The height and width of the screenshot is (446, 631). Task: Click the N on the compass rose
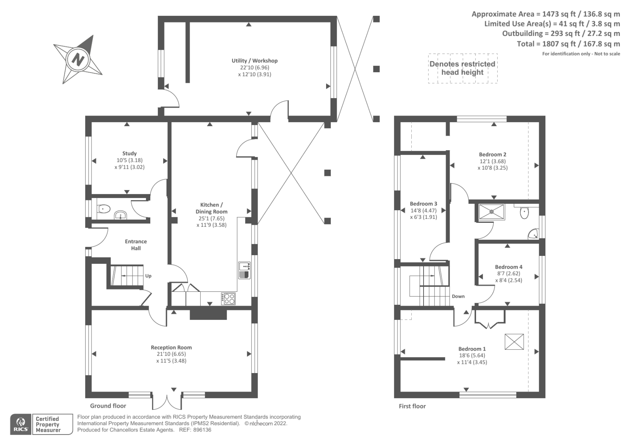(x=78, y=60)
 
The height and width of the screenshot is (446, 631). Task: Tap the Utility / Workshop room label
(x=254, y=61)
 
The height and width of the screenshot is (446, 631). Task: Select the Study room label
(x=129, y=153)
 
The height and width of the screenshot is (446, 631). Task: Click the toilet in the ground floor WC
(x=103, y=209)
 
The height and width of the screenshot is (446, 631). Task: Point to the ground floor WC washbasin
(x=120, y=215)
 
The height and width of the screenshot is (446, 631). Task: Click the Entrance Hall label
(x=136, y=245)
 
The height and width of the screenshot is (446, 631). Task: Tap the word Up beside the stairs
(x=148, y=276)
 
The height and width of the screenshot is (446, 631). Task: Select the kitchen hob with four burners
(x=228, y=299)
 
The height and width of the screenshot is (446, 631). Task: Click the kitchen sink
(x=244, y=271)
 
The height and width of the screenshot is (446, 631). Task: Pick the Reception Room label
(x=171, y=347)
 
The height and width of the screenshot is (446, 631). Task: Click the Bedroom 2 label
(x=493, y=155)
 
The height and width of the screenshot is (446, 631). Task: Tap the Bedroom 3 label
(x=424, y=203)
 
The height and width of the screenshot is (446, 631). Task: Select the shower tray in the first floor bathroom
(x=491, y=212)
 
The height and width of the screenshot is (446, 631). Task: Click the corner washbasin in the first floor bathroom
(x=534, y=234)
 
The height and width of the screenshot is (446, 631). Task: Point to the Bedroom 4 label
(x=508, y=267)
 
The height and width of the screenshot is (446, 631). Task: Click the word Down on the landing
(x=458, y=297)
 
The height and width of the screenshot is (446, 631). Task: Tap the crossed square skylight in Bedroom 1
(x=514, y=342)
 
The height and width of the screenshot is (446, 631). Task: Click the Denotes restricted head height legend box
(x=463, y=69)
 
